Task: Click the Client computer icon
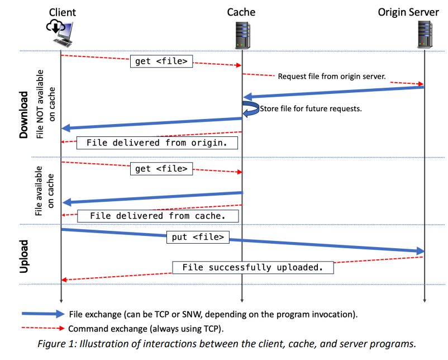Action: pyautogui.click(x=62, y=33)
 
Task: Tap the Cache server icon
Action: pyautogui.click(x=242, y=34)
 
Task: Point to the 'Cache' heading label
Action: pyautogui.click(x=241, y=12)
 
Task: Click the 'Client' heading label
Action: pyautogui.click(x=62, y=12)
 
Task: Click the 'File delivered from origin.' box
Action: pyautogui.click(x=156, y=143)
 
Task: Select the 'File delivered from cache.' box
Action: pyautogui.click(x=157, y=215)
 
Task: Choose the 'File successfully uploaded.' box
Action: pyautogui.click(x=252, y=267)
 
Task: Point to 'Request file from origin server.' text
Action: pyautogui.click(x=332, y=76)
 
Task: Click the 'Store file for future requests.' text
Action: pyautogui.click(x=311, y=108)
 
